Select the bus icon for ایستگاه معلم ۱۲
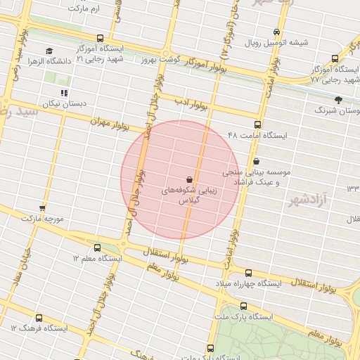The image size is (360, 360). tap(97, 247)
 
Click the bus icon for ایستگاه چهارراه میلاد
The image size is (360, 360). tap(248, 273)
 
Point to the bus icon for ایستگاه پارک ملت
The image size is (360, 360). tap(243, 306)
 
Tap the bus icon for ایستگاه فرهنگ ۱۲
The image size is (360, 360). tap(39, 318)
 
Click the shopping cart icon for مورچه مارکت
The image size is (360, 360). tap(42, 207)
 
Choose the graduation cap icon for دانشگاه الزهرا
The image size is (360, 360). tap(49, 51)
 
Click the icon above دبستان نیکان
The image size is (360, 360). tap(64, 93)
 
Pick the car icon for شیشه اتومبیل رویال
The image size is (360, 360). tap(276, 32)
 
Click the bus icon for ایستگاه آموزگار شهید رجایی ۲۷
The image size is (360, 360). tap(335, 59)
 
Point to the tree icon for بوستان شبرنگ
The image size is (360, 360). tap(338, 100)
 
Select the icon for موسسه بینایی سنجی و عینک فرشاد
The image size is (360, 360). tap(256, 161)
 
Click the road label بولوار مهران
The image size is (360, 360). tap(111, 125)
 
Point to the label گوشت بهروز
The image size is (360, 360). tap(163, 60)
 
